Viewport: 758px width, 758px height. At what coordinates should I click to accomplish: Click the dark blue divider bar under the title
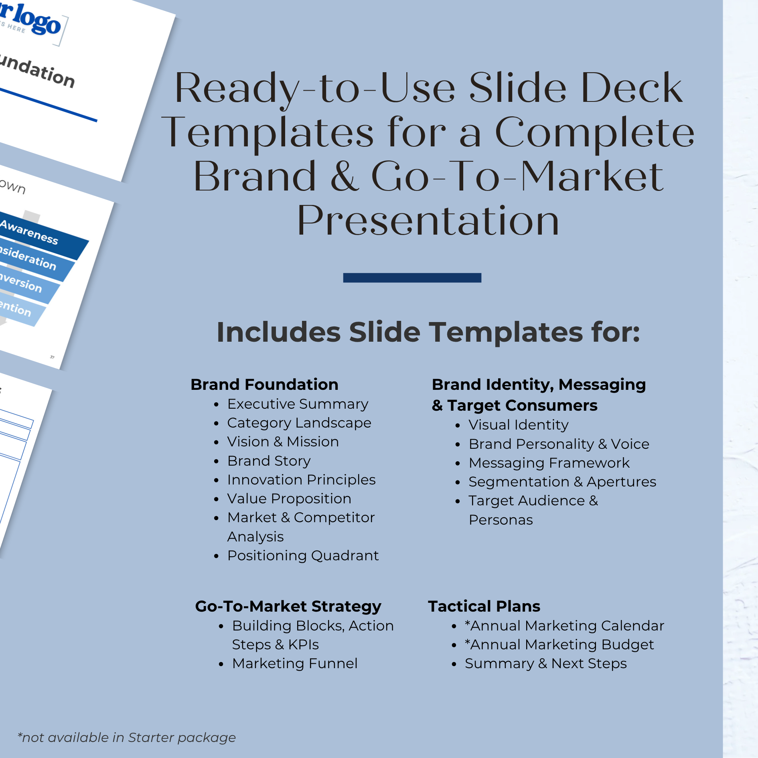click(412, 278)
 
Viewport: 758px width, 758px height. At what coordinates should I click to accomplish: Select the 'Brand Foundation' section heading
click(264, 384)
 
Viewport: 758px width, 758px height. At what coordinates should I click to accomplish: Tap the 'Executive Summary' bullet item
click(298, 404)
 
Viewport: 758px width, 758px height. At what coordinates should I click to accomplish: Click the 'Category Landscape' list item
click(299, 423)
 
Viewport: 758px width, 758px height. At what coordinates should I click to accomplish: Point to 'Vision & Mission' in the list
click(283, 442)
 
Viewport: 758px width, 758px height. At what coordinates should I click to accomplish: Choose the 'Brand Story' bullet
click(269, 461)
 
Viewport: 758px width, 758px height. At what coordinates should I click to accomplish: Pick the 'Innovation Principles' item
click(301, 480)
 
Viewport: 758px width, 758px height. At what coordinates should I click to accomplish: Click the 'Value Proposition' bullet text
click(289, 499)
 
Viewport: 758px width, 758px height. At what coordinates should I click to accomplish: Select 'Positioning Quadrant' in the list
click(303, 555)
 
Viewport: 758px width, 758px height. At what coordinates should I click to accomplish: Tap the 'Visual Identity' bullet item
click(519, 425)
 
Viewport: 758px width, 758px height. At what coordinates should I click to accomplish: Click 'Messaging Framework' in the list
click(549, 463)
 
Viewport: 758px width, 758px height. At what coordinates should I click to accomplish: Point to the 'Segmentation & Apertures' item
click(562, 482)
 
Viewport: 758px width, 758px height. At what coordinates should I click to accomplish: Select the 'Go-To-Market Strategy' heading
click(288, 606)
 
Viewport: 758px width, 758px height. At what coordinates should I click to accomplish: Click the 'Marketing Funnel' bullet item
click(295, 663)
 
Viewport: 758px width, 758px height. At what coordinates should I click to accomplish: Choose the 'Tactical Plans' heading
click(484, 606)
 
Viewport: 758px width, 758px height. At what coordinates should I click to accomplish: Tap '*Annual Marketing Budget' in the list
click(559, 645)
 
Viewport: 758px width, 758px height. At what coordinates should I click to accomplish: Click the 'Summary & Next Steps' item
click(545, 663)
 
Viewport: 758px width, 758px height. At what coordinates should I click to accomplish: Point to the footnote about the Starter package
click(127, 738)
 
